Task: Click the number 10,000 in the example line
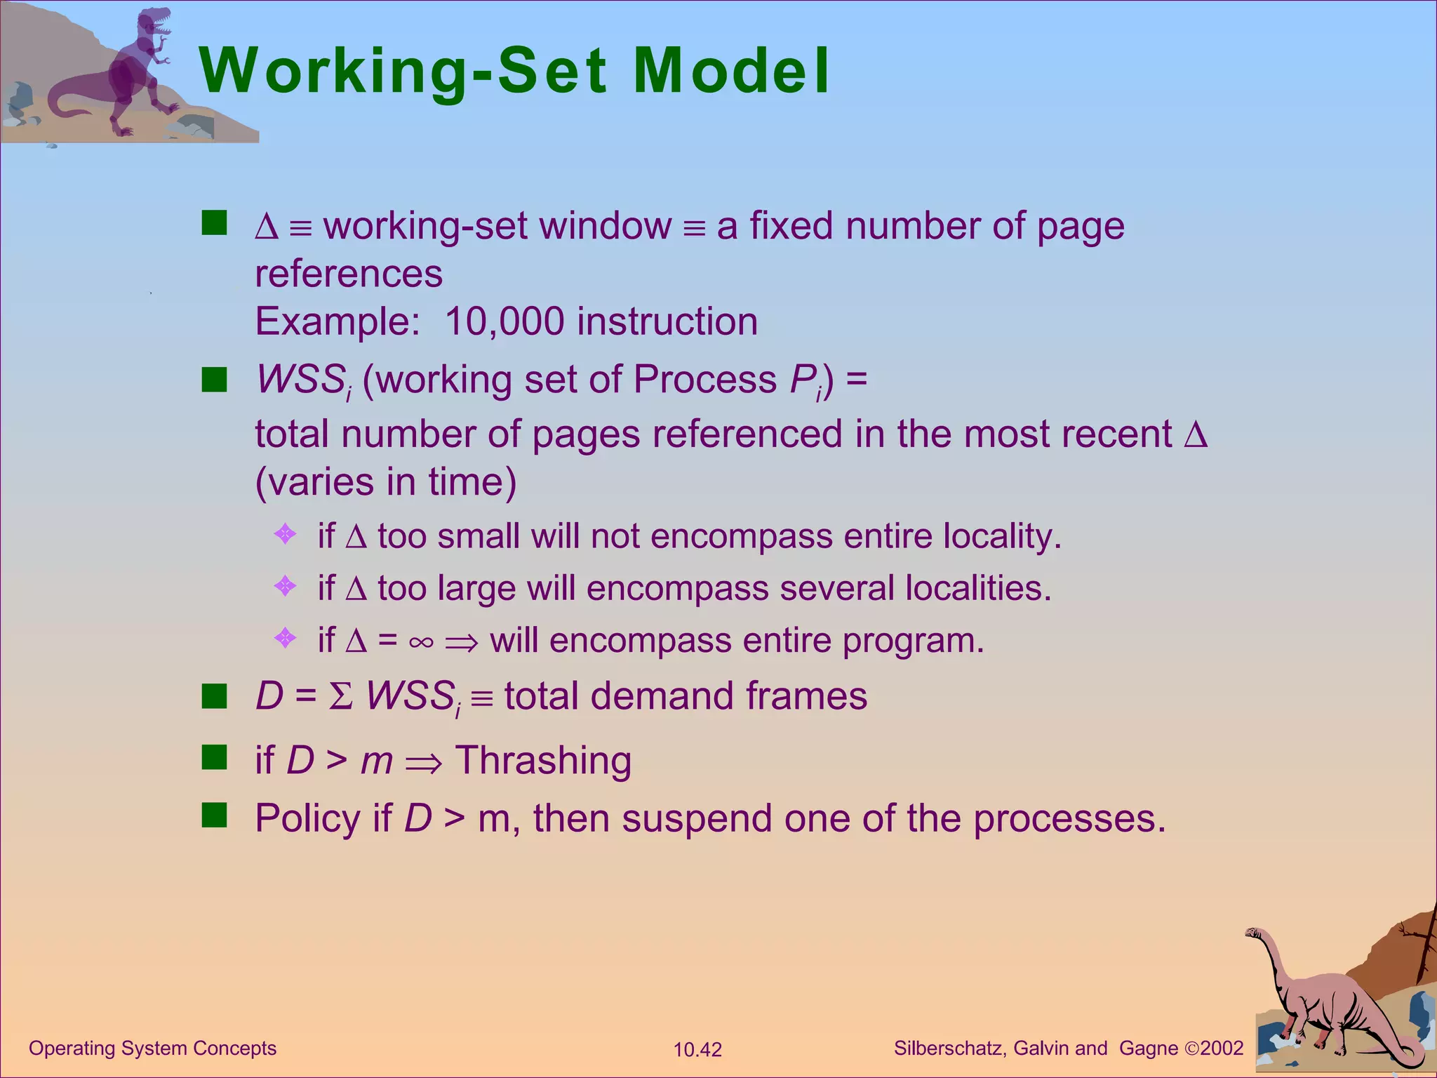point(504,321)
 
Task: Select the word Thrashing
point(544,761)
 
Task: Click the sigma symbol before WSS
point(341,697)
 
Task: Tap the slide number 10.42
point(697,1050)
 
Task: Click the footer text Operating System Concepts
point(152,1049)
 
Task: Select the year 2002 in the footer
point(1222,1049)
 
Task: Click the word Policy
point(307,819)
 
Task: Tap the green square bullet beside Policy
point(214,816)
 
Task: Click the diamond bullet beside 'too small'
point(285,535)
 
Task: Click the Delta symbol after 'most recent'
point(1196,434)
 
